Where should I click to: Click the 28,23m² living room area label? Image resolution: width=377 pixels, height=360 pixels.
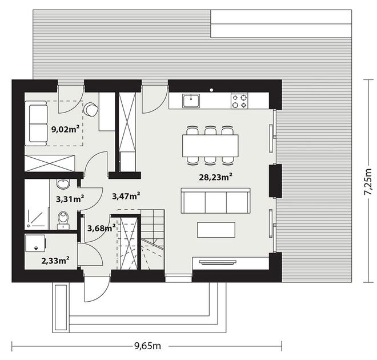tap(216, 177)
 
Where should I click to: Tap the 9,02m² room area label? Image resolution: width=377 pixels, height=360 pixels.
tap(65, 129)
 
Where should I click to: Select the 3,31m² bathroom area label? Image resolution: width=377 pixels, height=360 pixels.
tap(70, 199)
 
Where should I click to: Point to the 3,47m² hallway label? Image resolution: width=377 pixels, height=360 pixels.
tap(126, 196)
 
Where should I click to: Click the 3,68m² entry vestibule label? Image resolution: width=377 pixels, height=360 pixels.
tap(101, 228)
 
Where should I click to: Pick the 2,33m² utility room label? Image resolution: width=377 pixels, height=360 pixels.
tap(55, 260)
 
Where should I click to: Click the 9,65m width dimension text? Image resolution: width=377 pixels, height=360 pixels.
tap(147, 346)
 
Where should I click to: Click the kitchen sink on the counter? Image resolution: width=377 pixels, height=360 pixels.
tap(191, 101)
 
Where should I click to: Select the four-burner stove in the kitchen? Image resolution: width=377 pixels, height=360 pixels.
tap(239, 101)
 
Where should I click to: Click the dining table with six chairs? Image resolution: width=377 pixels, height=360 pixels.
tap(210, 145)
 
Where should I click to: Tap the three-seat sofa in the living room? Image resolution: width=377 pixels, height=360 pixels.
tap(216, 201)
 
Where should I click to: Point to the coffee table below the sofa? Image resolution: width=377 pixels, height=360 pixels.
tap(216, 230)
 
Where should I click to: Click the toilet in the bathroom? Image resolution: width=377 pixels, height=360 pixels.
tap(63, 220)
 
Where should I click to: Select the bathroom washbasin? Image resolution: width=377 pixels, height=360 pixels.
tap(63, 184)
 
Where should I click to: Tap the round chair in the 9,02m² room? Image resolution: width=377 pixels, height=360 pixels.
tap(91, 109)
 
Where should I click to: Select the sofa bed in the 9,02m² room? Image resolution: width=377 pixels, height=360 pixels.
tap(36, 123)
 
